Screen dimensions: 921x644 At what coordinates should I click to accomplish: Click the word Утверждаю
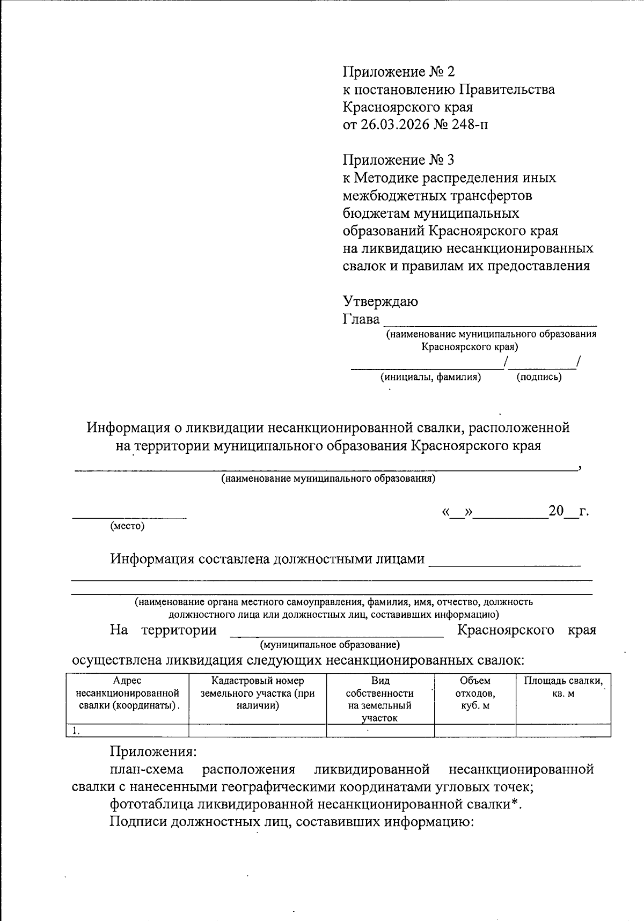coord(380,301)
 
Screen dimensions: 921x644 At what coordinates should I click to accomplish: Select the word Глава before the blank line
coord(361,319)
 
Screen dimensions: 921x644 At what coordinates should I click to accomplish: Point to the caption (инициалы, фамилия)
coord(430,377)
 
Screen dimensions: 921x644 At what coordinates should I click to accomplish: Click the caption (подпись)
coord(539,377)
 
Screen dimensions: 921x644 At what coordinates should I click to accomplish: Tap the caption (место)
coord(127,526)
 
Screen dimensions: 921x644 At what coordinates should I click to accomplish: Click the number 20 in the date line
coord(556,511)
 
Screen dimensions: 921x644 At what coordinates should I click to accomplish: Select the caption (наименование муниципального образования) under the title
coord(328,478)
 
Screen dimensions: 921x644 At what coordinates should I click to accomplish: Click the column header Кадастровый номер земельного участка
coord(258,693)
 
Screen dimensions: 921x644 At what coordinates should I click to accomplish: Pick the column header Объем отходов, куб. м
coord(475,693)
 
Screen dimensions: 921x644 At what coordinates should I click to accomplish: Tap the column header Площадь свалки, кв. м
coord(563,687)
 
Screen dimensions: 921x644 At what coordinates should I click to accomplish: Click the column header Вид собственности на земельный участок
coord(380,699)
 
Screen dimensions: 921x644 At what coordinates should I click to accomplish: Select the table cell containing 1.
coord(127,730)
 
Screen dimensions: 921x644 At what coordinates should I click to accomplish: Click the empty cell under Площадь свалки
coord(563,730)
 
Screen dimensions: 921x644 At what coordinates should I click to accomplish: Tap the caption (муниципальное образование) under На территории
coord(330,644)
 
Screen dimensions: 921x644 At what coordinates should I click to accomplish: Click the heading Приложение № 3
coord(398,159)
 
